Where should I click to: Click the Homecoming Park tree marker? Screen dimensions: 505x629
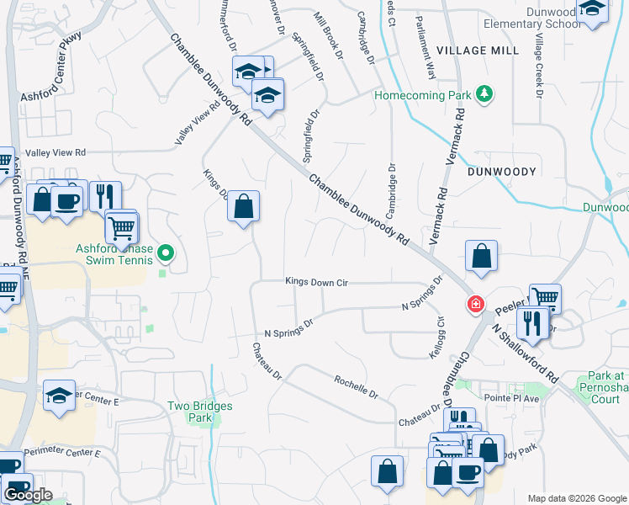pyautogui.click(x=484, y=94)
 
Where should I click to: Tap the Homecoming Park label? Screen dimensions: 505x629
pyautogui.click(x=422, y=95)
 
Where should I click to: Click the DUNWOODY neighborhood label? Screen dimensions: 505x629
pyautogui.click(x=502, y=171)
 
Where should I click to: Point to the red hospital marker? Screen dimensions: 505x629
pyautogui.click(x=476, y=304)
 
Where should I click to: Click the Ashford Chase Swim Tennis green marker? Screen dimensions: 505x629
pyautogui.click(x=166, y=252)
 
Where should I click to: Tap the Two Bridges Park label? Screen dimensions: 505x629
pyautogui.click(x=199, y=411)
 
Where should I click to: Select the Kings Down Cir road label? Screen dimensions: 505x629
pyautogui.click(x=316, y=282)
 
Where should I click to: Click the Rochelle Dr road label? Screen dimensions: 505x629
pyautogui.click(x=357, y=386)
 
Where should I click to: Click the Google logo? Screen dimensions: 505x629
pyautogui.click(x=28, y=494)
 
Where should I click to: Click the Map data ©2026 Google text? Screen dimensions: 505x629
pyautogui.click(x=576, y=497)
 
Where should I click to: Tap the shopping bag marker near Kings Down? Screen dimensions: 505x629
pyautogui.click(x=243, y=206)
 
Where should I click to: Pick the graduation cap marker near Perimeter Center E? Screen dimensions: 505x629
pyautogui.click(x=59, y=396)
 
